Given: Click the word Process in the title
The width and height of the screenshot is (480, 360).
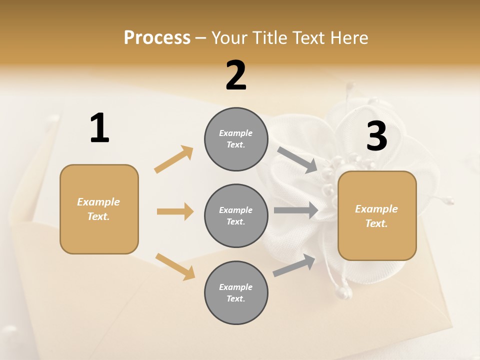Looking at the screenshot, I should click(x=157, y=38).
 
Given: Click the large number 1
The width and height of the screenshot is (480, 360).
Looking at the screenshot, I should click(x=99, y=128).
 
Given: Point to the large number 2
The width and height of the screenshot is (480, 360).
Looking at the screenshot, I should click(x=236, y=75).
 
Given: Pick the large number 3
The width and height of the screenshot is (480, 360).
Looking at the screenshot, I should click(x=376, y=136).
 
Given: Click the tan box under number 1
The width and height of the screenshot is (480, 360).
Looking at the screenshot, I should click(x=99, y=209).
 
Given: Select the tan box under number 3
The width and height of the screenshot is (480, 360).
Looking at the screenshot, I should click(x=377, y=216).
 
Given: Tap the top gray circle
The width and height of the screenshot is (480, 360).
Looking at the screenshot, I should click(x=236, y=139).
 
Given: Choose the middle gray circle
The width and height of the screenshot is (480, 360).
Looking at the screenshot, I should click(x=236, y=215).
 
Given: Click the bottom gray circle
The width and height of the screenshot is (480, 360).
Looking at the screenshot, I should click(x=236, y=292).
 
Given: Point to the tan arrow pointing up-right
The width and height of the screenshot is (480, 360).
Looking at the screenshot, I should click(x=173, y=159).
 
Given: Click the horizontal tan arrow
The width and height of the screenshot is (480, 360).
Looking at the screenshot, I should click(x=175, y=211).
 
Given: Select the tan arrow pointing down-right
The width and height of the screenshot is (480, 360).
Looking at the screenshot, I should click(x=175, y=266).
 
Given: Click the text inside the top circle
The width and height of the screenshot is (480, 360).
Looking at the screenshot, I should click(x=236, y=139).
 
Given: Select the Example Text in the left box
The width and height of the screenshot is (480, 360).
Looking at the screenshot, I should click(x=99, y=209).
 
